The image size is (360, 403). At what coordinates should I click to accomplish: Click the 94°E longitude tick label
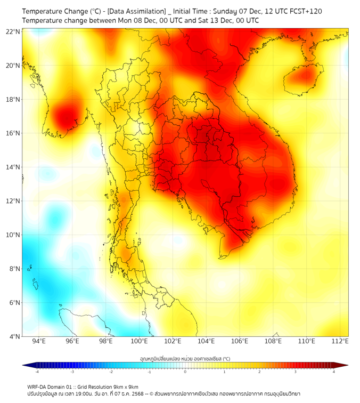(39, 341)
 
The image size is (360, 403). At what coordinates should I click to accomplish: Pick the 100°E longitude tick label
(139, 341)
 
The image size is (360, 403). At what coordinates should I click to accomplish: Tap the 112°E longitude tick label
(340, 341)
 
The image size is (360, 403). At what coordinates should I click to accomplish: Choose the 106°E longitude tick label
(240, 341)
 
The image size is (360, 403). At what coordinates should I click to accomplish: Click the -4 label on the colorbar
(37, 372)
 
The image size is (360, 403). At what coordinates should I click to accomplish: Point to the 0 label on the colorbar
(185, 372)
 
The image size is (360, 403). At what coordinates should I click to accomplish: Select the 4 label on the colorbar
(334, 372)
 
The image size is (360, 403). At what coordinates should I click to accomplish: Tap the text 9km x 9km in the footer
(125, 386)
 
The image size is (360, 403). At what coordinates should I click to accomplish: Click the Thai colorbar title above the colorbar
(185, 359)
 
